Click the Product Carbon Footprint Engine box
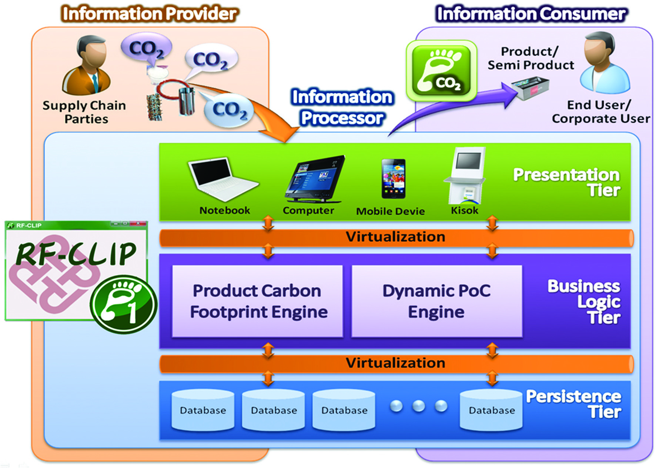[x=258, y=301]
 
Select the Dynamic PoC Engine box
[x=436, y=301]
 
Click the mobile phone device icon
[x=393, y=179]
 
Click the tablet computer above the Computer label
[x=315, y=179]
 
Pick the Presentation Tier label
[x=567, y=182]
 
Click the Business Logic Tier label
[x=584, y=301]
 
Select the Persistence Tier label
[x=573, y=404]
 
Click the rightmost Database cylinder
[x=491, y=410]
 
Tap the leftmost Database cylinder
[x=203, y=410]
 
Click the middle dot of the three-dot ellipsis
[x=418, y=406]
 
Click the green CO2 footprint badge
[x=441, y=71]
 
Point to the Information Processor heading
[x=342, y=107]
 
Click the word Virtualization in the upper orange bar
[x=395, y=237]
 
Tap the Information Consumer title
[x=531, y=14]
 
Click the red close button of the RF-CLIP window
[x=138, y=224]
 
